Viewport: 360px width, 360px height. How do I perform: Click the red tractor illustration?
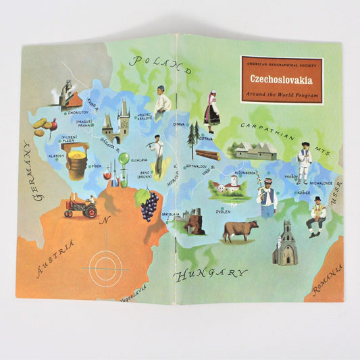[x=80, y=207]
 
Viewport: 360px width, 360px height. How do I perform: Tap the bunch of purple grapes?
[x=149, y=205]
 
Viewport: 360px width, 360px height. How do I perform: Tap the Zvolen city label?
[x=224, y=211]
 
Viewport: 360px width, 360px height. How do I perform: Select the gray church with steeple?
[x=286, y=247]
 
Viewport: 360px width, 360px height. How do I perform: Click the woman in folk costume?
[x=211, y=109]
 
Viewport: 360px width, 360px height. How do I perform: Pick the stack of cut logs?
[x=207, y=154]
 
